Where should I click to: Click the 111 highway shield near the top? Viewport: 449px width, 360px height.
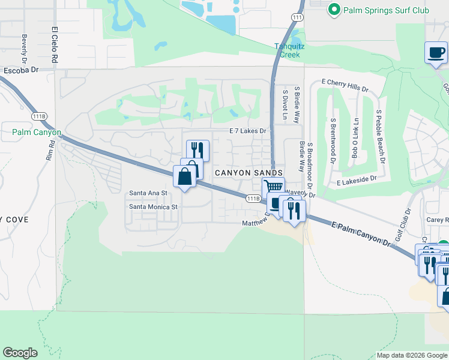coord(297,18)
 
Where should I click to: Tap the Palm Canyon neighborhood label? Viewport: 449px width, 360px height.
coord(36,132)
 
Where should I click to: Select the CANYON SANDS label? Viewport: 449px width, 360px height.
coord(248,173)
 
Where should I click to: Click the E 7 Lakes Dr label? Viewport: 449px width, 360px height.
coord(247,131)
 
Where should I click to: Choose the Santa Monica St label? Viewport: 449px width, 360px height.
coord(154,207)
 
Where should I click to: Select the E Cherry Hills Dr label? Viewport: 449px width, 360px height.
coord(345,85)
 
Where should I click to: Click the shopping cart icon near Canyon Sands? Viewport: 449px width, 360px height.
coord(273,187)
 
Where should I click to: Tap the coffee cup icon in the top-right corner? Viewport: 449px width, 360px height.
coord(436,52)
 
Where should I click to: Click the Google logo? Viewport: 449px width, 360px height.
coord(20,353)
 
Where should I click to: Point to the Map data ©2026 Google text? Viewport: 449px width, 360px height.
coord(412,355)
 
